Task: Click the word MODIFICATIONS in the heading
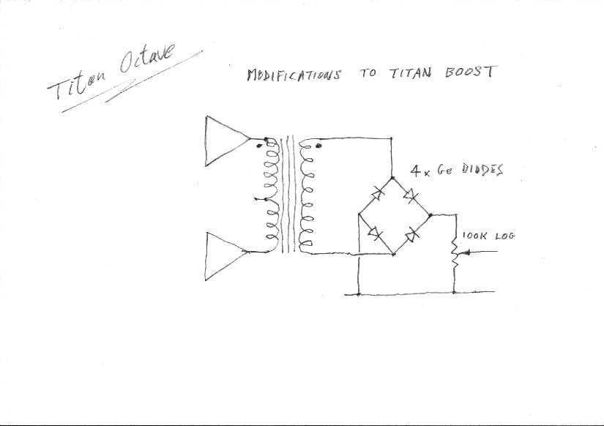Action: (294, 75)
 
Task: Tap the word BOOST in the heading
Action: (470, 72)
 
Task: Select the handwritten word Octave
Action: (146, 59)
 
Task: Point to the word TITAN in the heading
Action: (411, 72)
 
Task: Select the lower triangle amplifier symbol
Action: (226, 256)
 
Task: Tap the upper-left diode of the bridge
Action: (377, 193)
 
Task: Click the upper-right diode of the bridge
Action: (410, 195)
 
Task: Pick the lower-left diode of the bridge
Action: (374, 233)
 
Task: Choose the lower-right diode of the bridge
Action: (411, 234)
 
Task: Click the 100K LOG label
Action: (488, 236)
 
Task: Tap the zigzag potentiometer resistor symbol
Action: (454, 253)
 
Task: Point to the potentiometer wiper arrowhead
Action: (467, 253)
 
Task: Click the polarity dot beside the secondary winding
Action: (318, 146)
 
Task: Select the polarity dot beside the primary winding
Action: (259, 146)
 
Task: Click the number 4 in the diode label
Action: (415, 171)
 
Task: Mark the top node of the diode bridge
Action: (392, 178)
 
